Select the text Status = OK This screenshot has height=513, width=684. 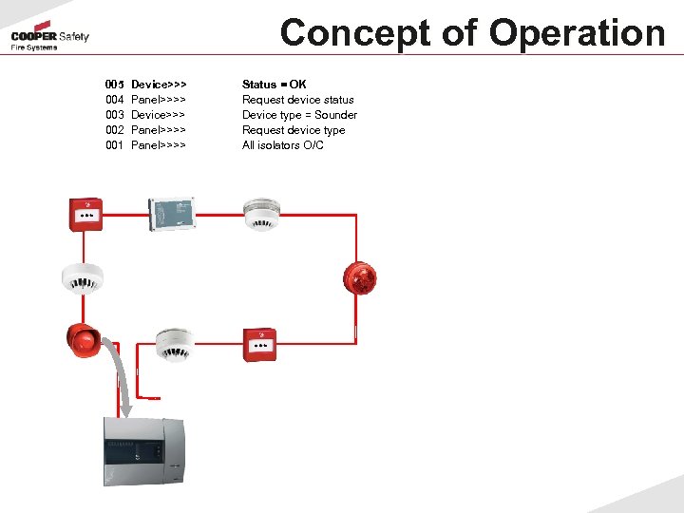point(275,85)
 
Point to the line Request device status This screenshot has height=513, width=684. point(298,100)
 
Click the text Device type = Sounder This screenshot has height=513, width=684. point(299,115)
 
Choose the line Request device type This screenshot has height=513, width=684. point(294,130)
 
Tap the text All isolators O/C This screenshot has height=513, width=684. point(283,145)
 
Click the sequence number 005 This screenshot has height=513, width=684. point(115,85)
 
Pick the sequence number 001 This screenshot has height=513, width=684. point(115,145)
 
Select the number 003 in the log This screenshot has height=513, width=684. point(115,115)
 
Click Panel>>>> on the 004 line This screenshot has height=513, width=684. point(159,100)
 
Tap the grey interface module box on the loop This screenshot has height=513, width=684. point(172,214)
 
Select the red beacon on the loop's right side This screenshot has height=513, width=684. point(361,276)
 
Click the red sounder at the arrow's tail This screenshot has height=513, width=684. point(83,339)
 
